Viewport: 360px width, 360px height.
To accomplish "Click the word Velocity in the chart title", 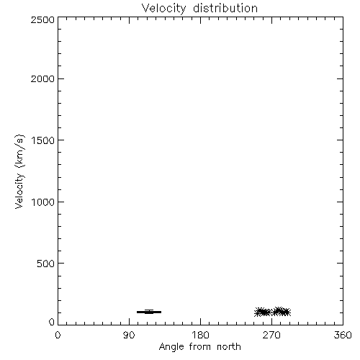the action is (164, 9).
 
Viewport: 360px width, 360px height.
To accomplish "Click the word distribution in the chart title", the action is (225, 8).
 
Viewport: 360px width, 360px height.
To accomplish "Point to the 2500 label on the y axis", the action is (42, 19).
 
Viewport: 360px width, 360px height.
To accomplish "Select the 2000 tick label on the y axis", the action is (42, 78).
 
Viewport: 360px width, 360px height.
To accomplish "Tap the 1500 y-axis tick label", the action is (43, 140).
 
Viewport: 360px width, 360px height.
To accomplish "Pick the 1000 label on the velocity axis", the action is (43, 202).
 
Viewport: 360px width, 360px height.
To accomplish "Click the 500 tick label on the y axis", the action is (46, 264).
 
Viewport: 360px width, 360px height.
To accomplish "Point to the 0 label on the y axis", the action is (52, 322).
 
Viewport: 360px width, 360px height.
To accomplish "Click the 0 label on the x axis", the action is (58, 335).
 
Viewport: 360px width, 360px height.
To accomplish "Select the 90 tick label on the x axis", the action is (129, 335).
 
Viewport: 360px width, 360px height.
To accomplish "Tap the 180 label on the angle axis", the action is (200, 335).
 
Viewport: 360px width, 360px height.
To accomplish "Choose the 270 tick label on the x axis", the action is (271, 335).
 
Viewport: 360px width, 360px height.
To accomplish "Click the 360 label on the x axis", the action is (343, 335).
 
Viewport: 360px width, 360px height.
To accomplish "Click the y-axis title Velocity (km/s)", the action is (19, 171).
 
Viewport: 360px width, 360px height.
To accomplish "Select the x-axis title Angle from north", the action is (200, 347).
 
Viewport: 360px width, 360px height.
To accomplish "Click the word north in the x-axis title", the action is (229, 346).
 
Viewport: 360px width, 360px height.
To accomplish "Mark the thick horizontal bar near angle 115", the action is (149, 312).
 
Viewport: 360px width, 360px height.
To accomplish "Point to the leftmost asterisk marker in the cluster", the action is (258, 312).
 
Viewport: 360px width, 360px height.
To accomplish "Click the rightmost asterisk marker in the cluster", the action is (287, 312).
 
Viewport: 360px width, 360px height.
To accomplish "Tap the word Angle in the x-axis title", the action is (171, 347).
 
